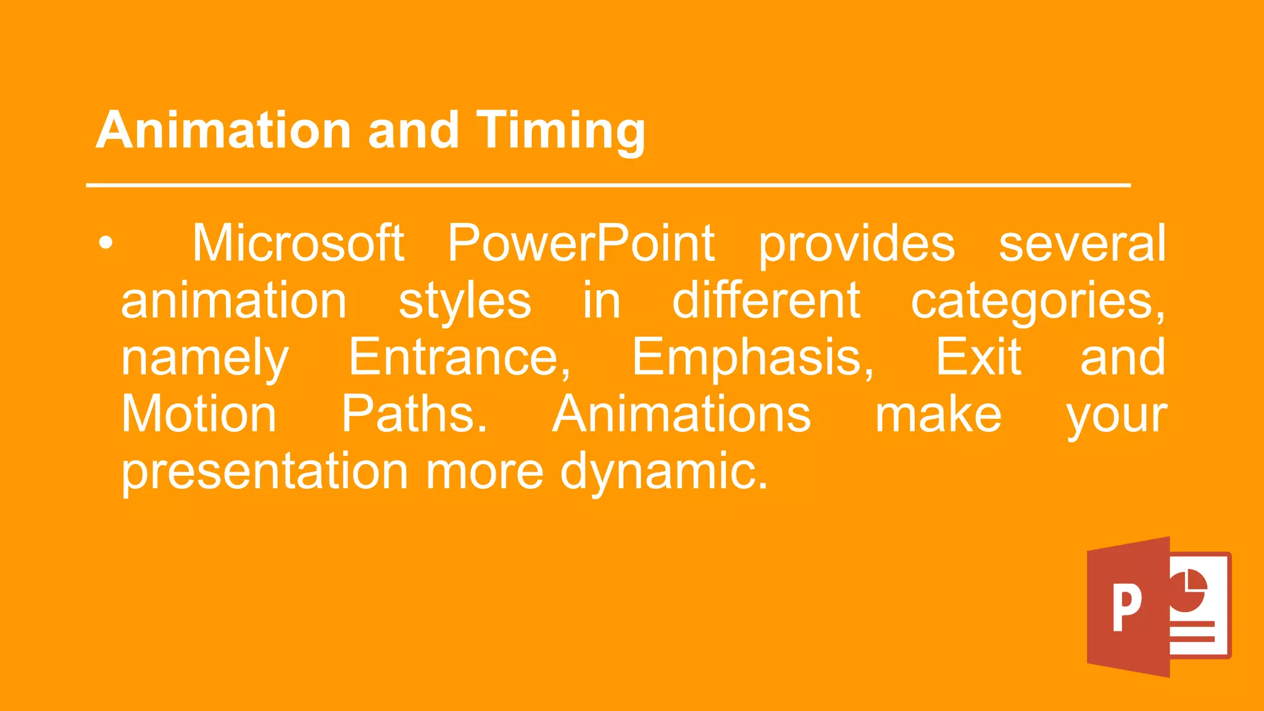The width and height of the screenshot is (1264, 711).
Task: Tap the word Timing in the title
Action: [x=560, y=131]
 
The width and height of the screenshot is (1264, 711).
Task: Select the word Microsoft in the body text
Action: [x=298, y=243]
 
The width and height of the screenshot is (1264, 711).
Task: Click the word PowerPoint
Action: [x=581, y=243]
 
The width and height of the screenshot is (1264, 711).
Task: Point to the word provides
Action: [x=857, y=244]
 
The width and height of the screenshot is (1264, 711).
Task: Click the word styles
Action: [x=465, y=301]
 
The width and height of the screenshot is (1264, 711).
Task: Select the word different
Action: [x=766, y=300]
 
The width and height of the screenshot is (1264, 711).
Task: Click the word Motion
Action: [x=199, y=414]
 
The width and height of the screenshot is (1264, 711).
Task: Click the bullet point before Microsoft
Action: [x=106, y=243]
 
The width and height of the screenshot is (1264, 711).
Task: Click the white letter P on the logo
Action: [x=1127, y=608]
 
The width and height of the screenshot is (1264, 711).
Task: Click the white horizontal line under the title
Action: [x=608, y=185]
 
